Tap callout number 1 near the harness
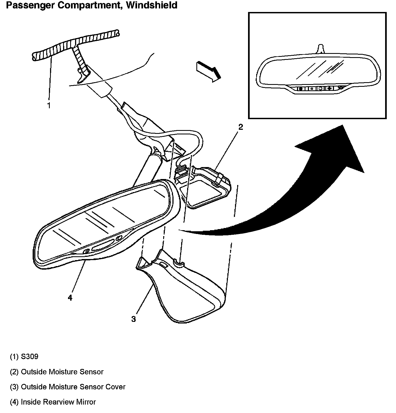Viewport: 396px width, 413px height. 49,105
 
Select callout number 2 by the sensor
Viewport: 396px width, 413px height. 240,127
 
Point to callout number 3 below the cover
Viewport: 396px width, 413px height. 133,319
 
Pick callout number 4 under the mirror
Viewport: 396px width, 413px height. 70,298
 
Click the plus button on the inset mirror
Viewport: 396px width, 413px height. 329,88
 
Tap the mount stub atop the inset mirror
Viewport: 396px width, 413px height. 321,48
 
